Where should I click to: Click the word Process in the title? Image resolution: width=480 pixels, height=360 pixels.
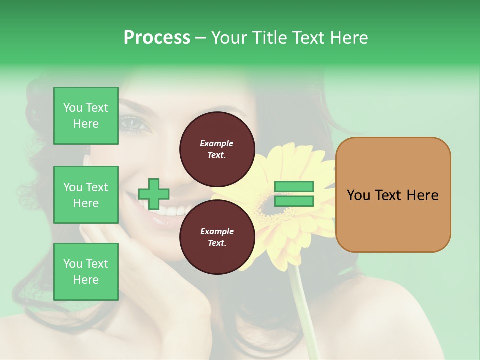click(x=157, y=38)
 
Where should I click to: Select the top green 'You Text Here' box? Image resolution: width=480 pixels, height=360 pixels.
click(x=86, y=116)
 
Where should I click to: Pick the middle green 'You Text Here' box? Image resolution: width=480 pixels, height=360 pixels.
click(x=86, y=195)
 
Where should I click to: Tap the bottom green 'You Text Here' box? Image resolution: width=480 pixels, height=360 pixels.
click(x=86, y=271)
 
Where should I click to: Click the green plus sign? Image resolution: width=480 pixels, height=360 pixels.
click(x=154, y=194)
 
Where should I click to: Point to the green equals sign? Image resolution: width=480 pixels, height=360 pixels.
click(x=294, y=194)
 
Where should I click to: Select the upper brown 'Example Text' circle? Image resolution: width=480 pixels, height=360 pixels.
click(x=217, y=149)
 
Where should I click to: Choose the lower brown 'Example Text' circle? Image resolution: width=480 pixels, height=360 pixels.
click(x=217, y=237)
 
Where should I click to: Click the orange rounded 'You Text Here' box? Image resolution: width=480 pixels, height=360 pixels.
click(x=393, y=195)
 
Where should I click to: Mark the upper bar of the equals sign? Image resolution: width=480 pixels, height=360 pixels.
click(x=294, y=187)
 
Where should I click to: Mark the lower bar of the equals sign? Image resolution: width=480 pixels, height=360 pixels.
click(x=294, y=201)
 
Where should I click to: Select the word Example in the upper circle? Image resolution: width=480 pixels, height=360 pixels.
click(x=217, y=143)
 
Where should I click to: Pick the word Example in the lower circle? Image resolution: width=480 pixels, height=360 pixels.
click(x=217, y=231)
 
